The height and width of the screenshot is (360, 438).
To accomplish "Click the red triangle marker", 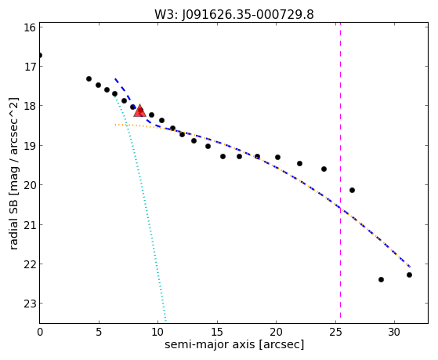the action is [x=139, y=111].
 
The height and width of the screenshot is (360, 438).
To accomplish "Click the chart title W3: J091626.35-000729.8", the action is [x=234, y=15].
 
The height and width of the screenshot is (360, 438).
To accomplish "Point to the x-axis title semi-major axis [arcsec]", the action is [x=234, y=344].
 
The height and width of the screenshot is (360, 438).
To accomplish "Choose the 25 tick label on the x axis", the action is [x=335, y=333].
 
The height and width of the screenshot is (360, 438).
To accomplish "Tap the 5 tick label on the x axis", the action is [x=99, y=333].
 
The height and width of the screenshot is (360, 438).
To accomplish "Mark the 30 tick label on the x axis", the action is [x=394, y=333].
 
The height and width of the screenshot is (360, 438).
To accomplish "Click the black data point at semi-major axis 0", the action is [x=40, y=55].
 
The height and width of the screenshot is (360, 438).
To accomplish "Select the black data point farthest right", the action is [x=409, y=275].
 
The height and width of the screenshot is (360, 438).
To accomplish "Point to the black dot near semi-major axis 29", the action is [x=381, y=279].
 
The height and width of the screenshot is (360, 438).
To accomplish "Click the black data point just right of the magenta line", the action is [x=352, y=191].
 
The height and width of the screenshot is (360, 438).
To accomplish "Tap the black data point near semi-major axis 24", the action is [x=324, y=169].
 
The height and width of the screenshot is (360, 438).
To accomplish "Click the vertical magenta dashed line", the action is [x=340, y=170].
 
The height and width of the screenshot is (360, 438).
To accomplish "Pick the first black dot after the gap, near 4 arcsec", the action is [x=89, y=79].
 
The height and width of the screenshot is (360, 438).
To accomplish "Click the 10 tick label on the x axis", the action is [x=157, y=333].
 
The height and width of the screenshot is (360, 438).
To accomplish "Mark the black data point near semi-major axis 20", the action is [x=277, y=157].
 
